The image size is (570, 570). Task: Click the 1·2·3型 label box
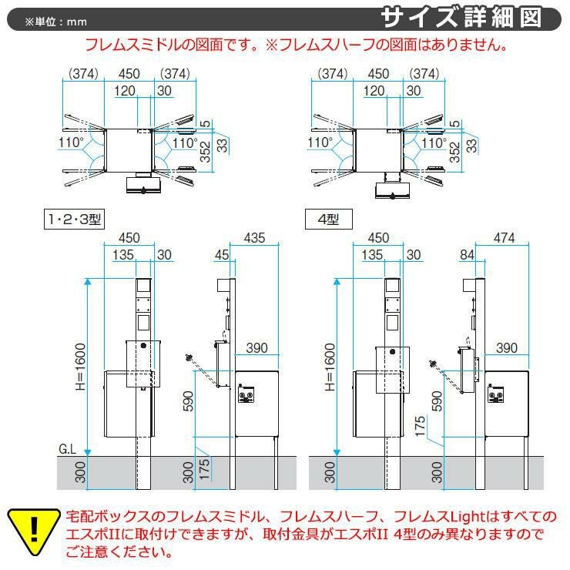click(74, 220)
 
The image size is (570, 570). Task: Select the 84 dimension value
click(468, 254)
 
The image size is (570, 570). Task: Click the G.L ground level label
click(69, 448)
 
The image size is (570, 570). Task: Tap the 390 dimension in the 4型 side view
click(506, 349)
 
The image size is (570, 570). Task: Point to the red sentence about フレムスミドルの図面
click(295, 45)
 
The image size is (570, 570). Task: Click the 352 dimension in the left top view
click(206, 151)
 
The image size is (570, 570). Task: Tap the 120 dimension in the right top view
click(373, 91)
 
